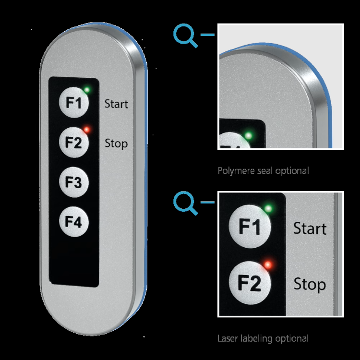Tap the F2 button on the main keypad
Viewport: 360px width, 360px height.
pos(73,143)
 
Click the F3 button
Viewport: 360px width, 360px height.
pos(73,182)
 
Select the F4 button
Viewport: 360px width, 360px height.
pos(73,222)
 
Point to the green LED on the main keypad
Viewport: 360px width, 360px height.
pos(87,89)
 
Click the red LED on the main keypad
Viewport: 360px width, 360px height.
pos(86,129)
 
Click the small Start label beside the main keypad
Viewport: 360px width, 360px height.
pos(116,103)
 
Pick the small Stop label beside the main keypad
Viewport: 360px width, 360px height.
pos(116,143)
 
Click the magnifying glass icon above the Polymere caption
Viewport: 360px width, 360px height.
pos(185,36)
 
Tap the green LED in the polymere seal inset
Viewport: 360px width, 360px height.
pos(248,136)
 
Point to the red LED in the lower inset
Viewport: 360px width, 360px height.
pos(268,264)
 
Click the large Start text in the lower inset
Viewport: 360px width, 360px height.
pos(310,228)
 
